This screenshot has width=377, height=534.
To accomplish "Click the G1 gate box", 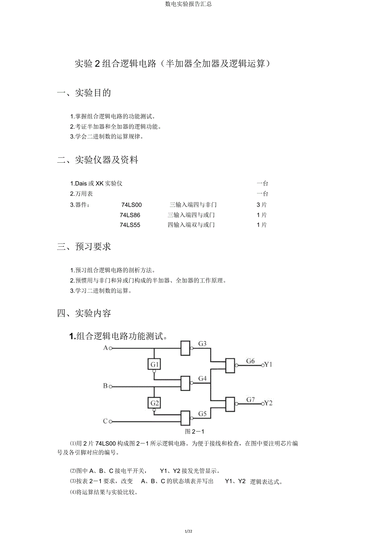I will tap(154, 364).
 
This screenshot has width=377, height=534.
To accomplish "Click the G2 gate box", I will tap(154, 403).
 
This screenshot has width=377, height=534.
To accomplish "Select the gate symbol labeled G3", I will tap(186, 348).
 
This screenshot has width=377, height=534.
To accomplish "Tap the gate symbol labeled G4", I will tap(186, 383).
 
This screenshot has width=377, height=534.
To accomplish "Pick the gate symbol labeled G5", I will tap(186, 418).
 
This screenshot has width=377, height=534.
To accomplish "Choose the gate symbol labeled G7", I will tap(230, 404).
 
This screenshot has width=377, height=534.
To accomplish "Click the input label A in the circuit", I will tap(105, 348).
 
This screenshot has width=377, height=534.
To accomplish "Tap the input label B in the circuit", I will tap(105, 386).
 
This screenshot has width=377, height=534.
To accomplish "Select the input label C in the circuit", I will tap(105, 421).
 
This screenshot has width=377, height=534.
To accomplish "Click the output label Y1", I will tap(268, 364).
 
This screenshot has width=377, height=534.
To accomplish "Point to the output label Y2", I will tap(268, 403).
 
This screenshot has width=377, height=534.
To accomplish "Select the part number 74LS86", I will tap(130, 215).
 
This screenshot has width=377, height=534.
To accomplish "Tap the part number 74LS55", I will tap(130, 225).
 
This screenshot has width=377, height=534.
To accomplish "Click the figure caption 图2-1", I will tap(195, 432).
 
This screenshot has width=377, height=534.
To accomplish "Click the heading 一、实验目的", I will tap(84, 93).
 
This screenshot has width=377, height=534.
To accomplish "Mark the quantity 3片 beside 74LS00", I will tap(262, 205).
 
